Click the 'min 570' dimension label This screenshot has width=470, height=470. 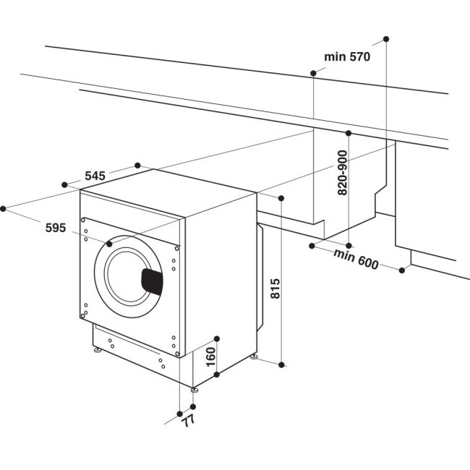(x=346, y=57)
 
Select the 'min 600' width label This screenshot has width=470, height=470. (x=356, y=259)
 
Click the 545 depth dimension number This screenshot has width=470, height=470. (x=95, y=176)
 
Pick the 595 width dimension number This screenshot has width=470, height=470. (x=55, y=228)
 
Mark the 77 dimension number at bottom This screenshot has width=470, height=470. (x=189, y=420)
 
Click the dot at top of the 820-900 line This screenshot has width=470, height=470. (x=349, y=134)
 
